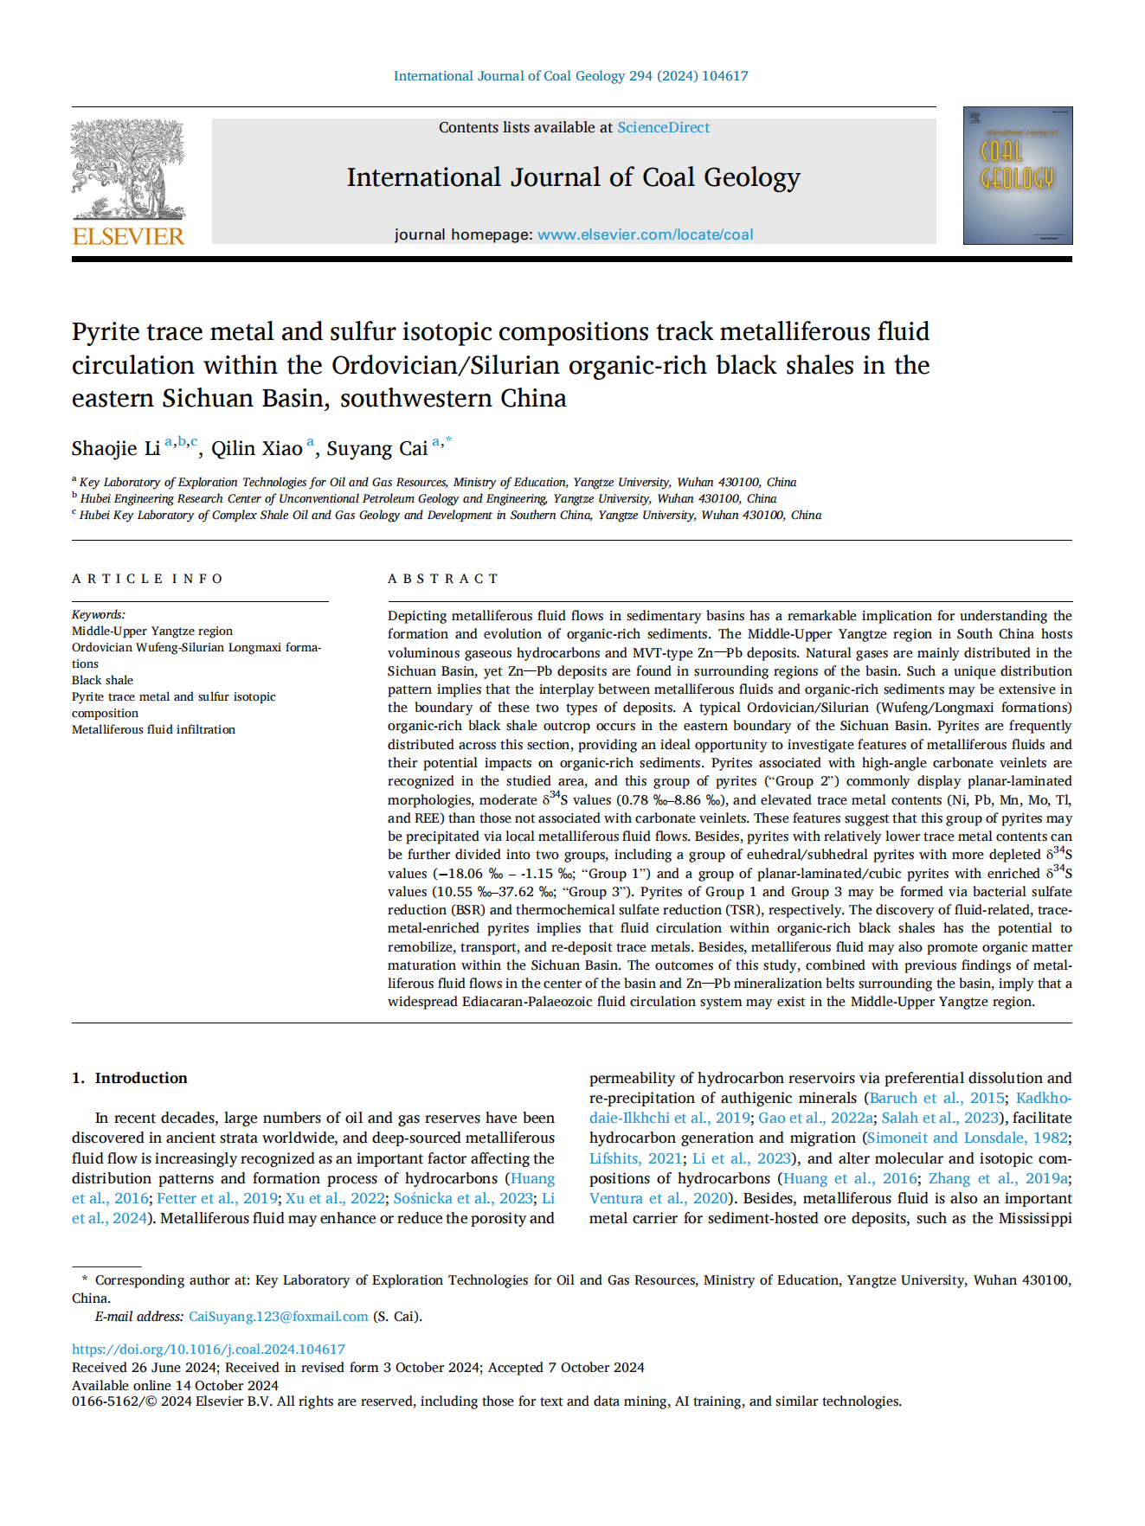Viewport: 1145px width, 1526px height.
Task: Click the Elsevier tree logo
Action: (x=128, y=170)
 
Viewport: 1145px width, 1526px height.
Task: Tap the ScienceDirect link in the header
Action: (x=663, y=127)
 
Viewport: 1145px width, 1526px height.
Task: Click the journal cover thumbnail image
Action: (x=1017, y=176)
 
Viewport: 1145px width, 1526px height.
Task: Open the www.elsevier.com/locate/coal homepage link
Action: (x=645, y=234)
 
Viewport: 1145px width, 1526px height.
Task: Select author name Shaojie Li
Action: (x=116, y=448)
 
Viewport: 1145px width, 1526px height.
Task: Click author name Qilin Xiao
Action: (x=256, y=448)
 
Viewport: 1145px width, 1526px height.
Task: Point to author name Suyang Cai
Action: (x=376, y=448)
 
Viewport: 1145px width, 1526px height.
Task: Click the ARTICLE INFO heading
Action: (x=147, y=579)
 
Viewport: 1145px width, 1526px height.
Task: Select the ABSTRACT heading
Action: (x=443, y=579)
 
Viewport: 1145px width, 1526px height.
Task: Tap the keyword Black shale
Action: (x=102, y=680)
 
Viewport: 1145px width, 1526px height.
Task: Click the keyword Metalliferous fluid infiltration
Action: (x=153, y=729)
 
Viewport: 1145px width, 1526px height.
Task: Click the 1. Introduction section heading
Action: (x=130, y=1078)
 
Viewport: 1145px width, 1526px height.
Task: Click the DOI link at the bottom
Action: (x=209, y=1350)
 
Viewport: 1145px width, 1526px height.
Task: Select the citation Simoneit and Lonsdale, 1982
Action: (x=968, y=1138)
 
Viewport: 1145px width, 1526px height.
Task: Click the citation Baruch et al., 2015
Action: (x=936, y=1098)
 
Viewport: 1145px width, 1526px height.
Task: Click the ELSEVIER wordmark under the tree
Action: (x=128, y=236)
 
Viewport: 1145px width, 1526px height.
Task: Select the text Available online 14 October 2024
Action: (x=175, y=1385)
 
